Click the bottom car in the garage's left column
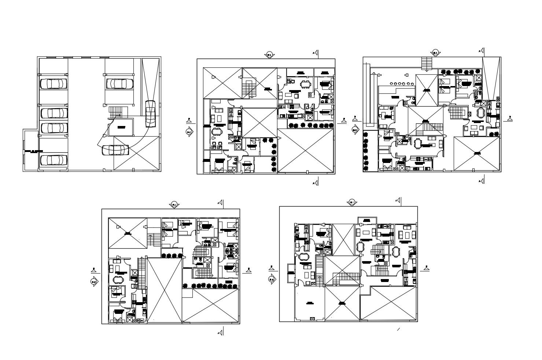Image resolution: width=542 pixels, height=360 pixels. tap(54, 160)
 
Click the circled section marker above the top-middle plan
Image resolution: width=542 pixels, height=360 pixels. tap(269, 55)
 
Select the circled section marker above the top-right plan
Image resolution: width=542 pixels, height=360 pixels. tap(435, 52)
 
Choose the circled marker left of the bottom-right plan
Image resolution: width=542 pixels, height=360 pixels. tap(272, 279)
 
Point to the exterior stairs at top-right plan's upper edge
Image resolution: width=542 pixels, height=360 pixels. tap(427, 63)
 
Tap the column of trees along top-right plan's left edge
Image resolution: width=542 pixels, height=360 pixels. tap(366, 151)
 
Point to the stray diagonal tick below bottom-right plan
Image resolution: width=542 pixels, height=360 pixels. tap(398, 330)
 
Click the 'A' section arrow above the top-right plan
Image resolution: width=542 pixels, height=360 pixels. tap(482, 51)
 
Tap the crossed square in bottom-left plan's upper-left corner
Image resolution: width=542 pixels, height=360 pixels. tap(128, 233)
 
